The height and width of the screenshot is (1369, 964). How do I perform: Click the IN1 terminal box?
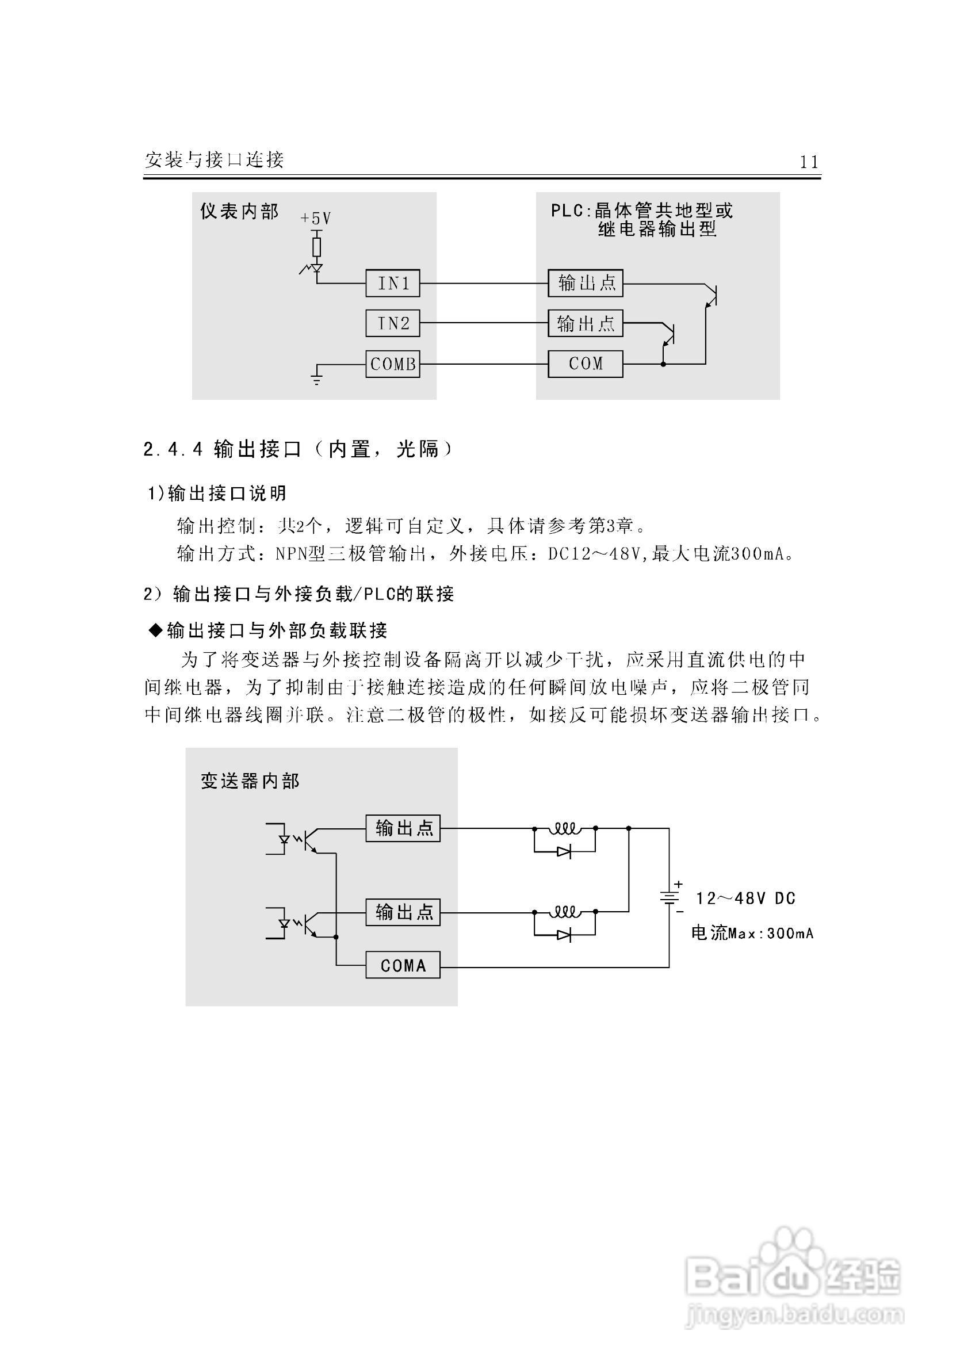pos(392,283)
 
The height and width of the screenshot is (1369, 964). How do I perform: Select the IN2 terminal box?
pos(392,323)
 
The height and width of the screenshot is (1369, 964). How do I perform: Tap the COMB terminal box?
pos(392,364)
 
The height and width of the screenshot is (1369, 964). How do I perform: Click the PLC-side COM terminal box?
pos(585,364)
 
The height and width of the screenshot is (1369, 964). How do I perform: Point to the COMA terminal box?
pos(403,965)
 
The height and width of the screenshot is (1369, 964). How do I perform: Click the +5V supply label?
pos(315,218)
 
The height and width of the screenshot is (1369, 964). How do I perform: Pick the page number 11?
pos(809,162)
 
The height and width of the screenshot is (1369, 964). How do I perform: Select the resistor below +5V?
pos(317,246)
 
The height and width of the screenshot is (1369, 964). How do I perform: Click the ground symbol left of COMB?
pos(316,377)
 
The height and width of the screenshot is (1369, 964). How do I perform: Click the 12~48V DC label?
pos(745,898)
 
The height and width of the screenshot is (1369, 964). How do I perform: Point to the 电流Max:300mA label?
pos(752,933)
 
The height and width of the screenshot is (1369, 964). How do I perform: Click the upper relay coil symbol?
pos(564,828)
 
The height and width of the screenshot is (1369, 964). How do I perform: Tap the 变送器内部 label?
pos(250,781)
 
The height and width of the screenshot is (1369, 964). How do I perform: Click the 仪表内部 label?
pos(239,211)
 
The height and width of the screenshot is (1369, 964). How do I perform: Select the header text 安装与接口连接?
pos(215,160)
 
